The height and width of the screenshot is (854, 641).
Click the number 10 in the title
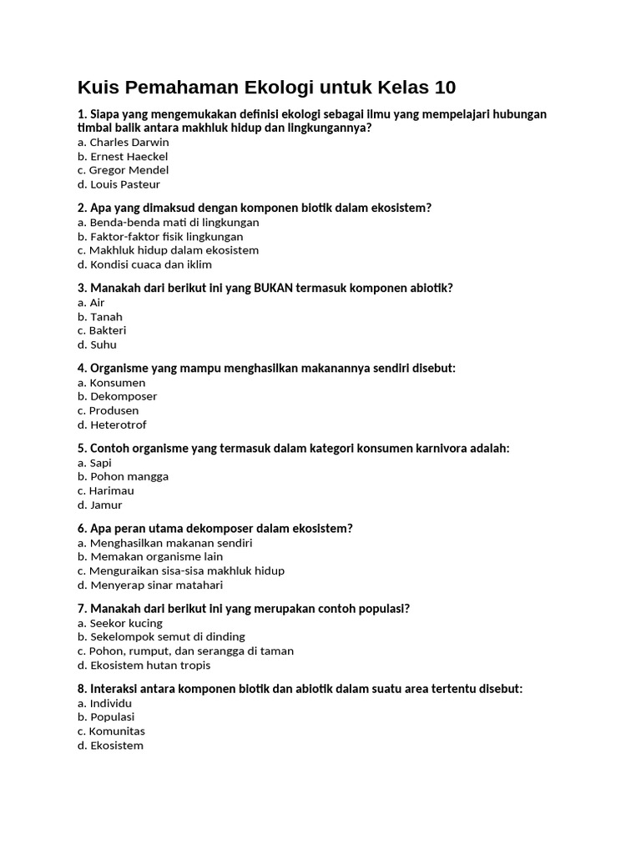(x=442, y=88)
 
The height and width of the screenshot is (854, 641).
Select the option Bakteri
(x=102, y=331)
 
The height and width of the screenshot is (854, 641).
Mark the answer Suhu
(x=97, y=345)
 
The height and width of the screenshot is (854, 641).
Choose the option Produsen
(x=109, y=411)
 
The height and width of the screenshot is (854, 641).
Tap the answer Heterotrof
(x=112, y=425)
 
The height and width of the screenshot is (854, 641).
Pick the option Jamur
(x=100, y=505)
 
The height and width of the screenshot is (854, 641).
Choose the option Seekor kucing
(x=120, y=624)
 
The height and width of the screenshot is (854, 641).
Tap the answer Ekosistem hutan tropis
(x=144, y=666)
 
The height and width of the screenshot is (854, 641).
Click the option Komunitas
(x=111, y=731)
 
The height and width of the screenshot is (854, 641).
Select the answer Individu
(x=105, y=704)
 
